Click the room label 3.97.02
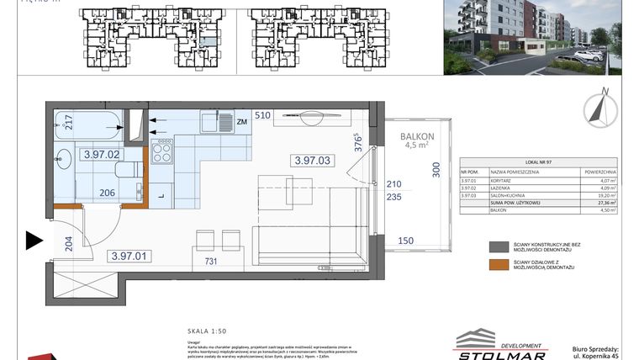point(102,155)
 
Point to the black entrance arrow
point(34,241)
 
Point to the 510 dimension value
point(262,115)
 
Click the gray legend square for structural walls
point(499,247)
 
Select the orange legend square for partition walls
point(499,265)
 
